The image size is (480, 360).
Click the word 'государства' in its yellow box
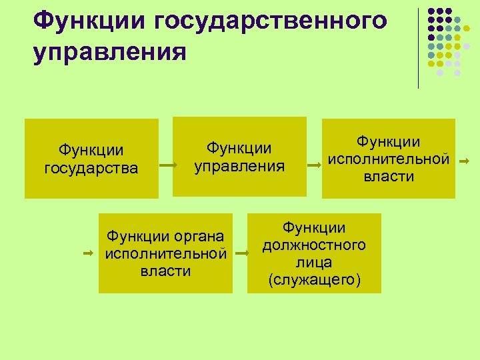point(91,167)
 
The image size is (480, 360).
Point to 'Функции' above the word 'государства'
point(91,149)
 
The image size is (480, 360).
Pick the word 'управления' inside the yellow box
point(239,165)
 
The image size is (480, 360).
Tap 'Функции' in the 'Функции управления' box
point(239,147)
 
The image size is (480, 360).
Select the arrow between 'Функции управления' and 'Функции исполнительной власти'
point(313,163)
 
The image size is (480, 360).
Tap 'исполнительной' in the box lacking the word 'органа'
point(388,159)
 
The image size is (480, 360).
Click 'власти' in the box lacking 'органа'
point(389,177)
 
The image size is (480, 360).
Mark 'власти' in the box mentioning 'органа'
point(165,271)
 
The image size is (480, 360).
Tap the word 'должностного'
point(314,245)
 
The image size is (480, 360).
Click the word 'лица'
point(314,262)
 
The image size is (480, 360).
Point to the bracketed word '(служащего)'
point(314,280)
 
